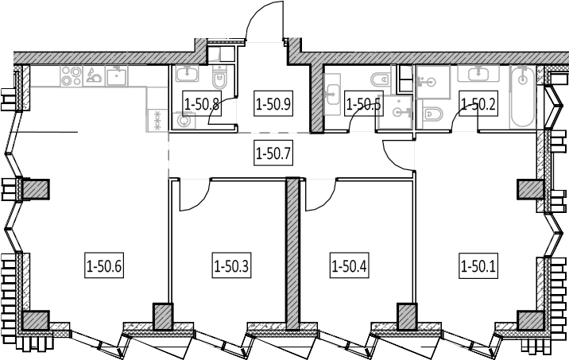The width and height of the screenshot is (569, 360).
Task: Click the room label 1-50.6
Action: [x=104, y=267]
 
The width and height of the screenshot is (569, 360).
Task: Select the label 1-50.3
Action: [x=231, y=267]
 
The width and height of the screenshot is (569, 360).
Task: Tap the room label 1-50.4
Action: [x=349, y=267]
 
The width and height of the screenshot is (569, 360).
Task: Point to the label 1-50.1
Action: [x=478, y=267]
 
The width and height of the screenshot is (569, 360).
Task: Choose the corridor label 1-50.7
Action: [x=273, y=154]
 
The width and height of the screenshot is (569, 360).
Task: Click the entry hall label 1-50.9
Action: [x=273, y=105]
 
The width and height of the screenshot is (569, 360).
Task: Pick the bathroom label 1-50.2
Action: [x=478, y=105]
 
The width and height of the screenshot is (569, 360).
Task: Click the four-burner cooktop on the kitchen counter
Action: [x=72, y=75]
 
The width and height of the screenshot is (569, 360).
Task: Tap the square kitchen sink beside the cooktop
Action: [x=117, y=75]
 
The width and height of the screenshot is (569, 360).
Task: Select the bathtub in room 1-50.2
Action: [x=522, y=96]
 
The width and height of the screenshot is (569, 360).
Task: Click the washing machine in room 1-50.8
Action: [x=184, y=121]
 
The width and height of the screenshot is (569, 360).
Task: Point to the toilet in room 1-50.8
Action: [x=219, y=77]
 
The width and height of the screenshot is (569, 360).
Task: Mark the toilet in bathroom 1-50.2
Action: [x=432, y=114]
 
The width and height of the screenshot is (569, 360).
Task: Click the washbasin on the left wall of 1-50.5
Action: [x=331, y=95]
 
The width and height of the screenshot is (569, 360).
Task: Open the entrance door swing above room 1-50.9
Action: [x=265, y=21]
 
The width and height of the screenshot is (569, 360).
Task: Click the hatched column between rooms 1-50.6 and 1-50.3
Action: [x=163, y=317]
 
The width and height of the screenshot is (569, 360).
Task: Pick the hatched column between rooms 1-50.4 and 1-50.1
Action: [x=407, y=317]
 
